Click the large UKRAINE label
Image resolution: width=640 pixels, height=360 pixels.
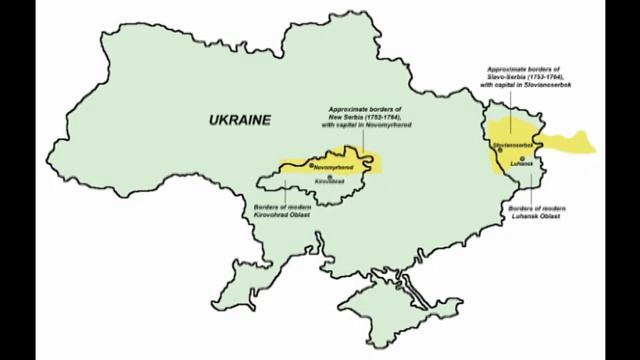tap(239, 120)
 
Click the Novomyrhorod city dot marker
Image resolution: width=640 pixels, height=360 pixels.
tap(311, 164)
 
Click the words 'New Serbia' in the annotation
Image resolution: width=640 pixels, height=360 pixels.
tap(341, 116)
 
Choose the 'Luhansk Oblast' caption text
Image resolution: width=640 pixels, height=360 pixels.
tap(529, 216)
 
